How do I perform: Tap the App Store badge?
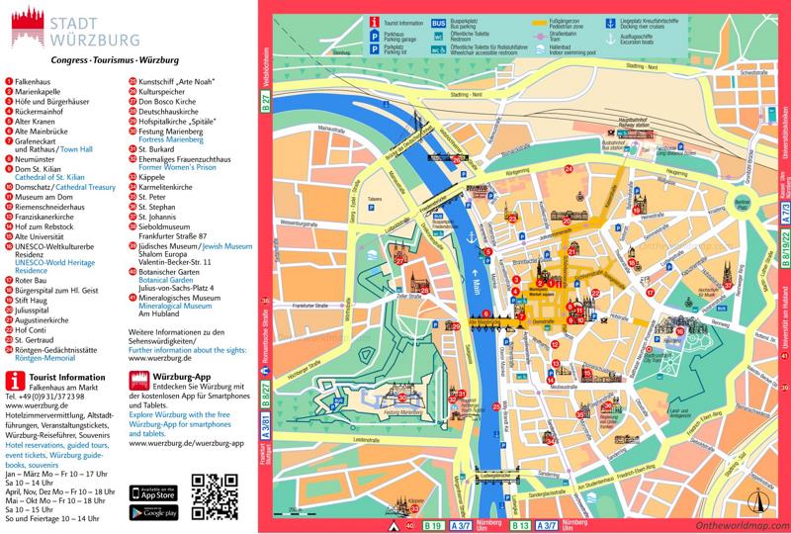(x=153, y=492)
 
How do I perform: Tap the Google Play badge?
(x=153, y=511)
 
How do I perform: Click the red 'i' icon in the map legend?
(x=374, y=21)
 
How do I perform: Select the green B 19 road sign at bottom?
(x=432, y=525)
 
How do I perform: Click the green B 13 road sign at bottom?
(x=518, y=525)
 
